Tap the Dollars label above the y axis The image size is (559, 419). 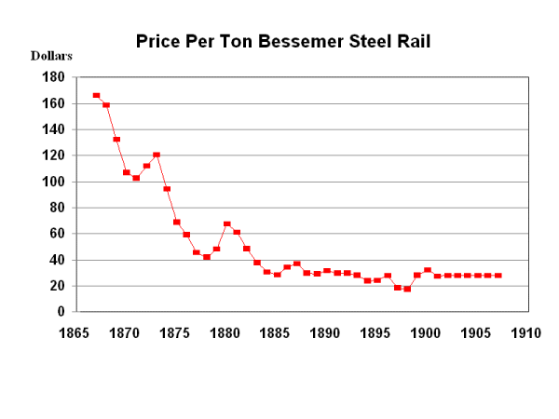coord(51,56)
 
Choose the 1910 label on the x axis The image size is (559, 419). coord(526,331)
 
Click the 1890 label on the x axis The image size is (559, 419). coord(326,331)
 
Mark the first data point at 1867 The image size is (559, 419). coord(96,95)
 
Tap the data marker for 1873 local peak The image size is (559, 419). coord(157,155)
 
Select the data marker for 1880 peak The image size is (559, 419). coord(226,224)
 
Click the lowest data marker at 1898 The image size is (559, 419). coord(407,289)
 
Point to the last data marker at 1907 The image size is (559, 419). coord(498,276)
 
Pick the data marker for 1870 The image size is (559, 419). coord(126,172)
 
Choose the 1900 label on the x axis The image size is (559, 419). coord(426,331)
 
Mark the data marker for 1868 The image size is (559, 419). coord(106,105)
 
